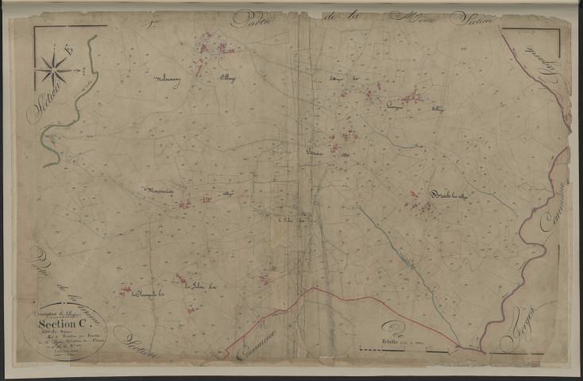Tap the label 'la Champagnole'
click(x=147, y=295)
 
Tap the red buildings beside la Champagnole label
click(x=125, y=291)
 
